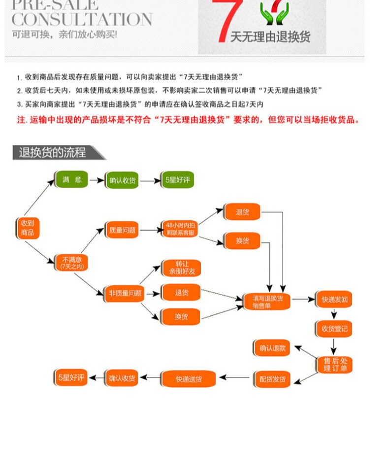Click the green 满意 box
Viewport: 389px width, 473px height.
(x=71, y=180)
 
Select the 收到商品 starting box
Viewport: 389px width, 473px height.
(x=28, y=228)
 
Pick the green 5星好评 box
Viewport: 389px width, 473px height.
(x=177, y=180)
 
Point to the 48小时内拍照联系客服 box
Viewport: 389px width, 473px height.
(x=180, y=229)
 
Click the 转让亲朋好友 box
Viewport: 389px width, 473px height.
(x=181, y=268)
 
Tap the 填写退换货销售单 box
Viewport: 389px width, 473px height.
(x=268, y=302)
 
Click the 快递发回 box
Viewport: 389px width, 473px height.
(x=334, y=300)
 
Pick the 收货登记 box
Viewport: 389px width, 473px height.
(x=334, y=329)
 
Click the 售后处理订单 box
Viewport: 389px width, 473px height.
(x=335, y=365)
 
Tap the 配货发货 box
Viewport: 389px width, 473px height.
(x=272, y=379)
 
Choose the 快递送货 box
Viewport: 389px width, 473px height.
(x=189, y=379)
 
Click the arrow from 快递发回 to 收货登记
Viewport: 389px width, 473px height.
(x=334, y=314)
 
